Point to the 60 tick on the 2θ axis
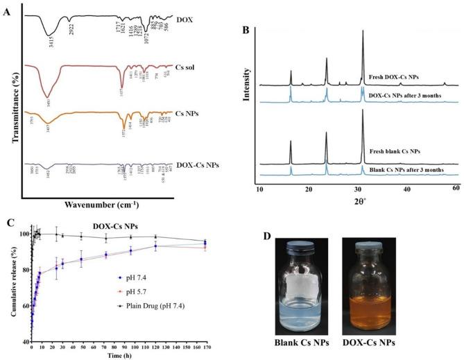pyautogui.click(x=456, y=189)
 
